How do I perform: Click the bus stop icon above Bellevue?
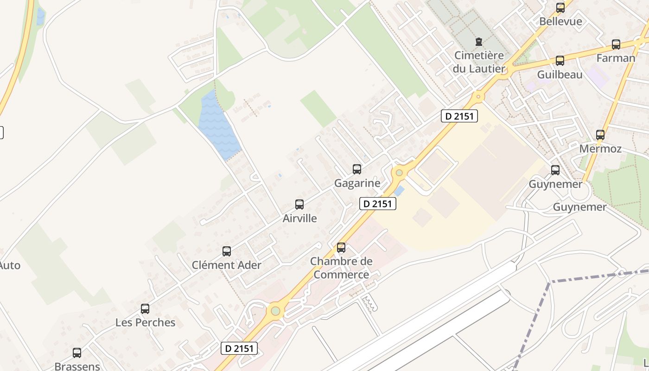pos(560,8)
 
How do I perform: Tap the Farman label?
pos(616,58)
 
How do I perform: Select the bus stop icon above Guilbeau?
pos(560,61)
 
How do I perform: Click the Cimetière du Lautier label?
pos(479,62)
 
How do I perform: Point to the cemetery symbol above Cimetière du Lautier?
pos(479,42)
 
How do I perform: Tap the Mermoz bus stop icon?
pos(600,135)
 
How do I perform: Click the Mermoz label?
pos(600,149)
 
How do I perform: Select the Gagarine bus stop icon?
pos(357,169)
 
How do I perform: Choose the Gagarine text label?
pos(357,183)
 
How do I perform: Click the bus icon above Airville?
pos(299,205)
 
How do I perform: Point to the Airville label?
pos(299,218)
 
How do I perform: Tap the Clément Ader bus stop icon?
pos(227,251)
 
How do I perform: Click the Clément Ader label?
pos(227,265)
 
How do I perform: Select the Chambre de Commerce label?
pos(341,268)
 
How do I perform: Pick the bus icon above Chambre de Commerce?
pos(341,248)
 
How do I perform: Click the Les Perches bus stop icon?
pos(145,309)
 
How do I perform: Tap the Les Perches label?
pos(145,322)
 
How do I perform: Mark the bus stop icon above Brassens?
pos(77,353)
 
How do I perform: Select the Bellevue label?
pos(560,21)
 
